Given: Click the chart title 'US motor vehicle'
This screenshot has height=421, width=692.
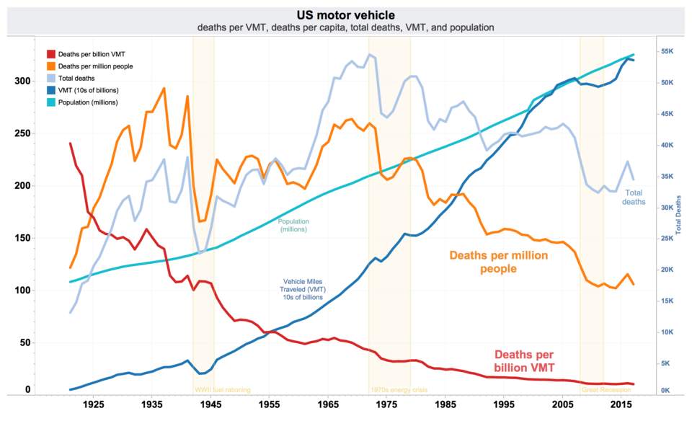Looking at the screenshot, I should point(346,14).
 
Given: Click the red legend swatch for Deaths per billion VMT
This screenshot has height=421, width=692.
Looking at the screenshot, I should point(51,54).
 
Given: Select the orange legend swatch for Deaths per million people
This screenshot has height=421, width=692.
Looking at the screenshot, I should point(51,66).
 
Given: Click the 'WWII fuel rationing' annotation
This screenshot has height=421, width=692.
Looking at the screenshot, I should point(223,390).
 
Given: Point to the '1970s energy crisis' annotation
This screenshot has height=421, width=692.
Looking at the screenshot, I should point(399,390).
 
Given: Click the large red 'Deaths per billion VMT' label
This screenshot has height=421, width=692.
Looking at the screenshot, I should point(524,361).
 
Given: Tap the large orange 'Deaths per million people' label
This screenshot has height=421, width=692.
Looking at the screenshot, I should point(499,262).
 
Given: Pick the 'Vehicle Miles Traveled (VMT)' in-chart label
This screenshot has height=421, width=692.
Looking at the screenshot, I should point(303,289).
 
